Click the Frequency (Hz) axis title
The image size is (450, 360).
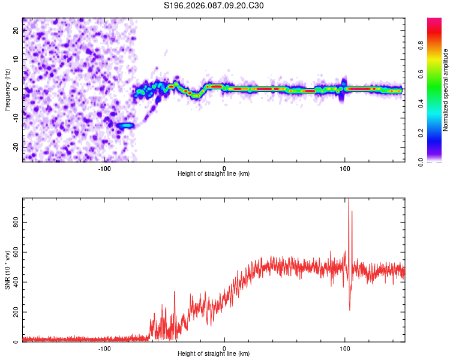click(x=7, y=90)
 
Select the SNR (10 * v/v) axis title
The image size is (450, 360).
click(x=7, y=270)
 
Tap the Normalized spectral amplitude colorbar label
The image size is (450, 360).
click(x=446, y=90)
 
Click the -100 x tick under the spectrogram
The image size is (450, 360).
click(x=104, y=168)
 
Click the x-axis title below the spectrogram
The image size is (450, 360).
click(x=214, y=174)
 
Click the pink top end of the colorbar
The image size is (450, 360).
click(x=434, y=21)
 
